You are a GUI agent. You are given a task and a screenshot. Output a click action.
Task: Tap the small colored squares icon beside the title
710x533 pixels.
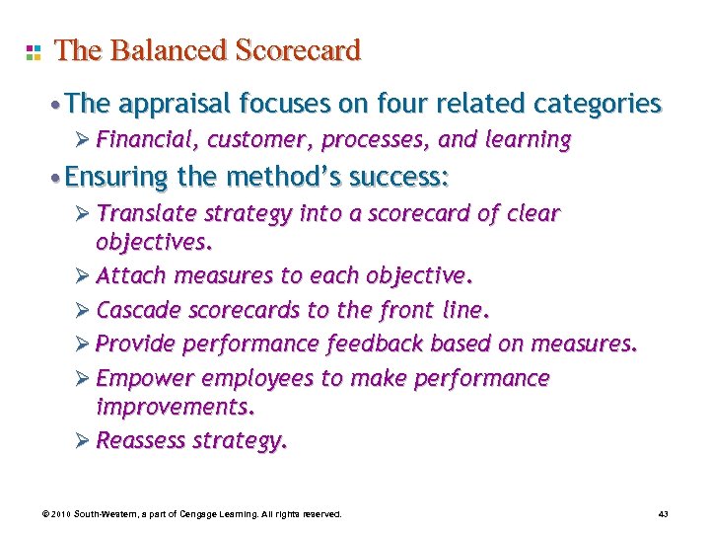click(33, 51)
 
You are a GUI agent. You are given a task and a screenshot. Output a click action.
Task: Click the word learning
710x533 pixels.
click(528, 140)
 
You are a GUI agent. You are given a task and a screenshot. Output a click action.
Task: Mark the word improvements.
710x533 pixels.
click(175, 407)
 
